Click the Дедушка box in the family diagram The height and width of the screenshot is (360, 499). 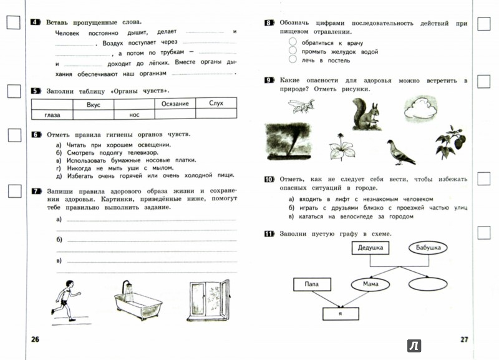[x=369, y=248]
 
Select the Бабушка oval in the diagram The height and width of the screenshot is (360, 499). [x=429, y=248]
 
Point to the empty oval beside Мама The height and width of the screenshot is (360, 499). [x=427, y=283]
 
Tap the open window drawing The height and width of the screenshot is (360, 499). [x=208, y=298]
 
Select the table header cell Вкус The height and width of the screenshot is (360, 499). [x=94, y=105]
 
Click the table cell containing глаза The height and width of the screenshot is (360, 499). [x=52, y=114]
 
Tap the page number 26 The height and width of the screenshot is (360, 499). [x=35, y=339]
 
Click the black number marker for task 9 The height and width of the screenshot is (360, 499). [x=269, y=81]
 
